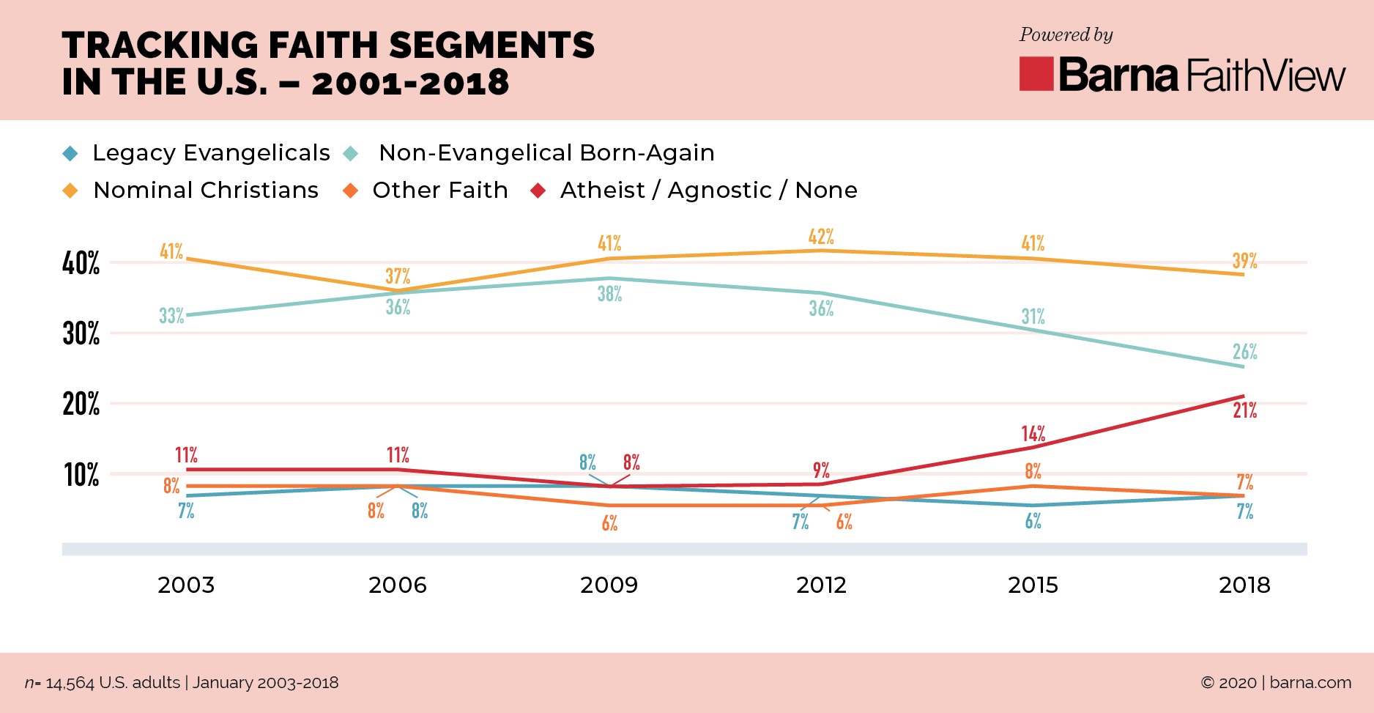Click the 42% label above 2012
pos(821,237)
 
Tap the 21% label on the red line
pos(1244,410)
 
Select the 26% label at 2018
pos(1244,352)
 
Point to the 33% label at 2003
pos(171,316)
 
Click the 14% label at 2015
pos(1033,433)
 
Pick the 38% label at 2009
pos(609,294)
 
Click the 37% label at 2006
pos(398,276)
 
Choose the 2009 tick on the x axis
pos(609,585)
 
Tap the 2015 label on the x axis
pos(1033,585)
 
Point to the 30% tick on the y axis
pos(81,333)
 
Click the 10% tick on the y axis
pos(81,475)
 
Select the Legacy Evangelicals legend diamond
pos(70,153)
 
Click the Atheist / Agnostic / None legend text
pos(708,190)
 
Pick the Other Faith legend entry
pos(439,190)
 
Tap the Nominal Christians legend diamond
pos(70,191)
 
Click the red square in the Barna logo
pos(1036,74)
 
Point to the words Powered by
pos(1066,34)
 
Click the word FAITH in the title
pos(323,45)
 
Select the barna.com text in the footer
pos(1310,682)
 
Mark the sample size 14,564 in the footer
pos(70,683)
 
